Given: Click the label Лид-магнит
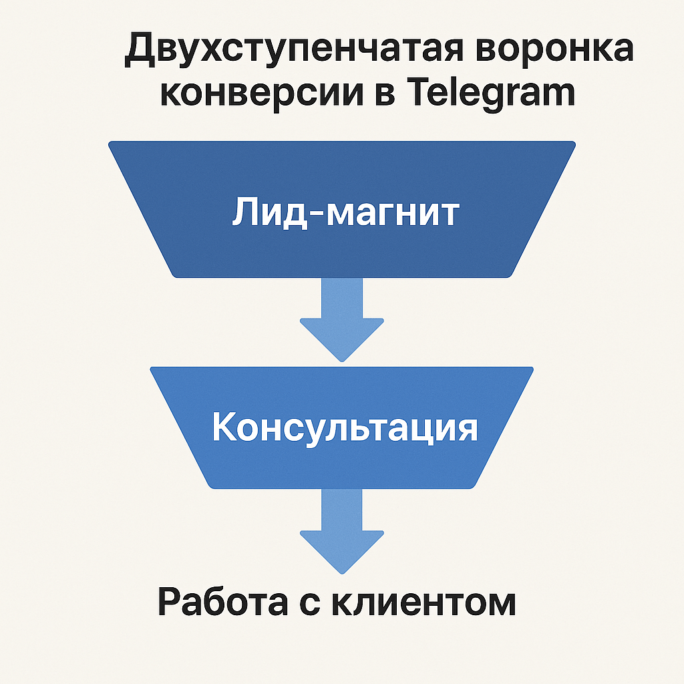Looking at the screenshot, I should coord(345,213).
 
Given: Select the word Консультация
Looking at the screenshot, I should coord(345,427).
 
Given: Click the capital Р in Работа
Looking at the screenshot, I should coord(171,603).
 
